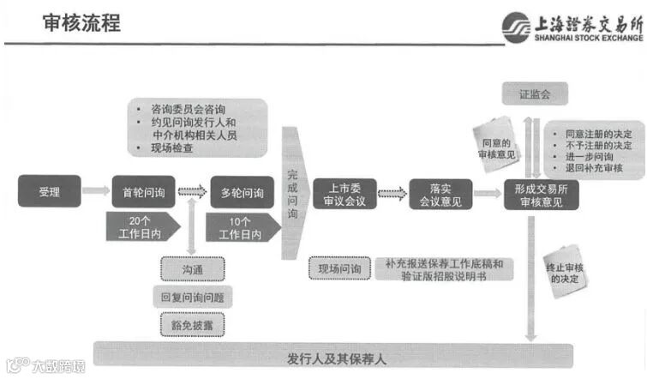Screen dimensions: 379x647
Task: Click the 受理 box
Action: pos(49,191)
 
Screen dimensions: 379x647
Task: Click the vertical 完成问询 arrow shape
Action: pos(293,193)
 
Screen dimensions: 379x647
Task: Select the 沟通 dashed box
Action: pos(191,269)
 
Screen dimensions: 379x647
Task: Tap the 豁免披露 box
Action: pos(191,324)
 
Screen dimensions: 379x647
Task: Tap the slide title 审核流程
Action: pos(83,23)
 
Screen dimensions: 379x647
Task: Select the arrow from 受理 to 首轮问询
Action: pos(96,191)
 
